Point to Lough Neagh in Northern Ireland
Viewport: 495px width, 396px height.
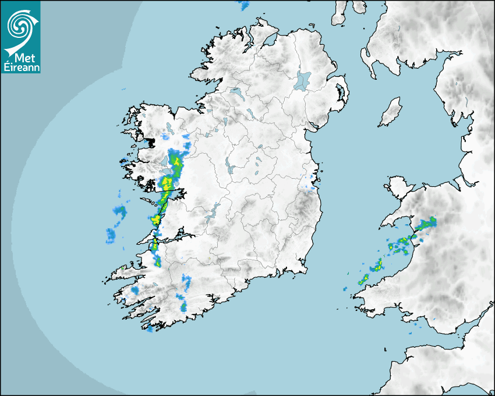click(303, 80)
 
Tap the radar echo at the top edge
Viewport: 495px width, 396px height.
click(244, 6)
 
